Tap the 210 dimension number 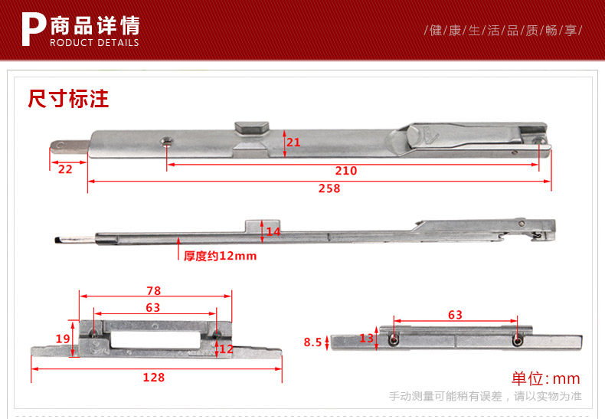pos(346,170)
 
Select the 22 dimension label pos(65,169)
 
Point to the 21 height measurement pos(293,142)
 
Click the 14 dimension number pos(273,231)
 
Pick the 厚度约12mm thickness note pos(220,256)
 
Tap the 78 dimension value pos(154,290)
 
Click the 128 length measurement pos(153,377)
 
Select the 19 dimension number pos(63,339)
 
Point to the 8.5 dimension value pos(312,342)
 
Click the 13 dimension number pos(366,338)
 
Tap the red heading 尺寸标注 pos(68,98)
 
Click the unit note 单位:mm pos(546,378)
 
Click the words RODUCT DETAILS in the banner pos(94,43)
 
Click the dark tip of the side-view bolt pos(57,240)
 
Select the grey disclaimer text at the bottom pos(485,396)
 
